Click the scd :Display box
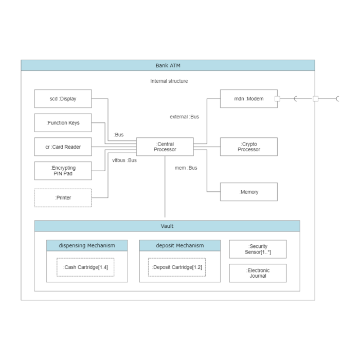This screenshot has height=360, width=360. click(x=63, y=99)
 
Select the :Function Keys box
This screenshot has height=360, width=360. click(x=63, y=123)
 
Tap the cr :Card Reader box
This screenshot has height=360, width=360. click(x=63, y=147)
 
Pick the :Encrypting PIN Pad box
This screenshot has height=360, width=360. click(x=63, y=171)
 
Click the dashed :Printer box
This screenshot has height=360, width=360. click(x=63, y=198)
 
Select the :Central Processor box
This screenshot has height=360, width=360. click(x=165, y=147)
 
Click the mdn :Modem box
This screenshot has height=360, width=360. click(x=248, y=99)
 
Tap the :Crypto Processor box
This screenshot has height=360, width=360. click(x=248, y=147)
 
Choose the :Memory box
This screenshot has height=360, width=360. click(x=248, y=192)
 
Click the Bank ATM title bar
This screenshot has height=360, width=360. click(x=168, y=66)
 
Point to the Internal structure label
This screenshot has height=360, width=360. click(x=169, y=81)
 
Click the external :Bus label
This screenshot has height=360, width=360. click(x=184, y=117)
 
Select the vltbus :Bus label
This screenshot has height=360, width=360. click(x=124, y=160)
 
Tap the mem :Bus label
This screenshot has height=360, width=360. click(x=186, y=168)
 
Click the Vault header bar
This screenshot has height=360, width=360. click(x=167, y=226)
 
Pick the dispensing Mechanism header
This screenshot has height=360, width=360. click(x=87, y=246)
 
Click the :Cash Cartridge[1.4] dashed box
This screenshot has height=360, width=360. click(x=86, y=267)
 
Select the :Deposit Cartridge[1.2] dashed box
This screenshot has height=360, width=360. click(x=177, y=267)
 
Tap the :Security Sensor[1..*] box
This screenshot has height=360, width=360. click(x=258, y=249)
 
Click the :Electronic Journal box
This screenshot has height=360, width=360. click(x=258, y=273)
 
